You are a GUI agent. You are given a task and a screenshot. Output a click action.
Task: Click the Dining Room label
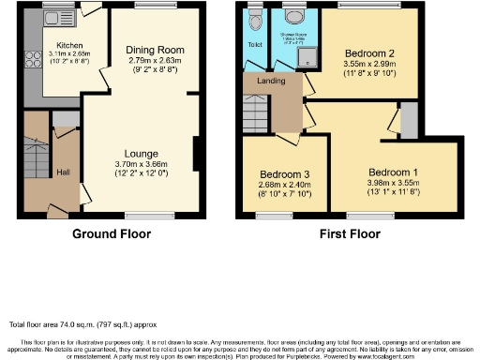[155, 49]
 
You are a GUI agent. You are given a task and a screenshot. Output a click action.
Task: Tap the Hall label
[63, 172]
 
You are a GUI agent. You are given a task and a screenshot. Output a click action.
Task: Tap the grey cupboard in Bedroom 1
[407, 120]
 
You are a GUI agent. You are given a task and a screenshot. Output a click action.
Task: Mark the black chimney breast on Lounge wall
[195, 155]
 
